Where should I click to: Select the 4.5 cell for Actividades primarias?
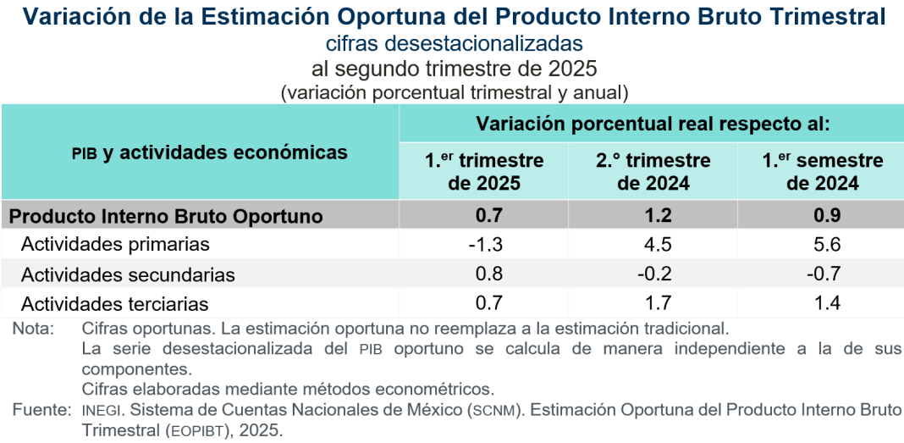653,245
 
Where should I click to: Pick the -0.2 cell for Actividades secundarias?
653,274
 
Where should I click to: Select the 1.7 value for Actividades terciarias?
653,303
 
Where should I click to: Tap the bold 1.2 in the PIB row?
653,216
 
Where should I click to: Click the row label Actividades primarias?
115,245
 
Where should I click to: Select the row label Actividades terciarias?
115,303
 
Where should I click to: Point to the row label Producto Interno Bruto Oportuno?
166,216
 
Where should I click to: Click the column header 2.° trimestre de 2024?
653,171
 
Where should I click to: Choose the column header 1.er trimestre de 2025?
484,171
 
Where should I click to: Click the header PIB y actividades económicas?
209,152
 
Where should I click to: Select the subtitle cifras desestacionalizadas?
454,43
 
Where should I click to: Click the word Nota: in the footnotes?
33,328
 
